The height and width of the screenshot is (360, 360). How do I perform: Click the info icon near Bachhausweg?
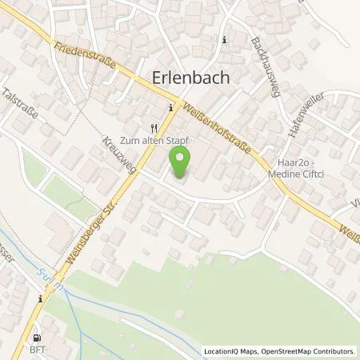point(225,40)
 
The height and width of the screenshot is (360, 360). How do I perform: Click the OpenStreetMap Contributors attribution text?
point(311,350)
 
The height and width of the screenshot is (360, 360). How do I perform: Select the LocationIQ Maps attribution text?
point(231,350)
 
